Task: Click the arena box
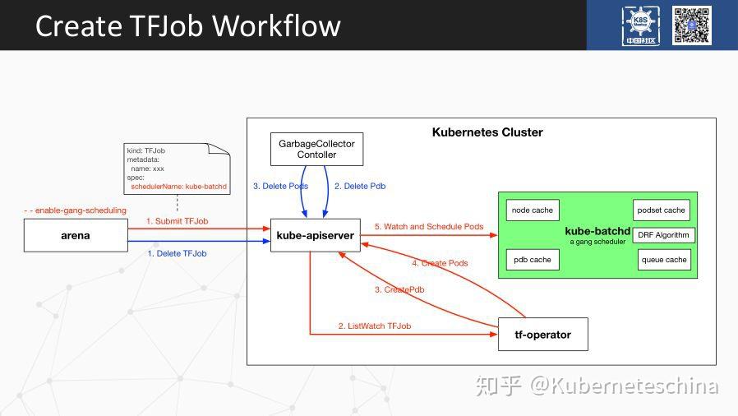(x=76, y=235)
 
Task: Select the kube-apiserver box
(x=315, y=235)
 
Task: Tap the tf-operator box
(x=542, y=334)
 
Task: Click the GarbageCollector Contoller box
(x=316, y=148)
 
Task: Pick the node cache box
(x=532, y=210)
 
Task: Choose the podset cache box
(x=661, y=210)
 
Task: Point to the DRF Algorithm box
(x=663, y=235)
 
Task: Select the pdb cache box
(x=532, y=260)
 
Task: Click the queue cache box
(x=663, y=260)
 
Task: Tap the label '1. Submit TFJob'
(x=177, y=221)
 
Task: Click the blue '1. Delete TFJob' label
(x=177, y=253)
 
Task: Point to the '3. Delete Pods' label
(x=281, y=186)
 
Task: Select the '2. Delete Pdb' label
(x=360, y=186)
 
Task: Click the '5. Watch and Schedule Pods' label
(x=429, y=226)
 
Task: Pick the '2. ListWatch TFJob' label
(x=374, y=326)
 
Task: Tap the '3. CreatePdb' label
(x=399, y=289)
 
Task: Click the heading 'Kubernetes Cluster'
(x=487, y=132)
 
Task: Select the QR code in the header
(x=691, y=25)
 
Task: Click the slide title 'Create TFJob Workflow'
(x=187, y=25)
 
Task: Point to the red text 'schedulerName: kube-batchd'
(x=178, y=187)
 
